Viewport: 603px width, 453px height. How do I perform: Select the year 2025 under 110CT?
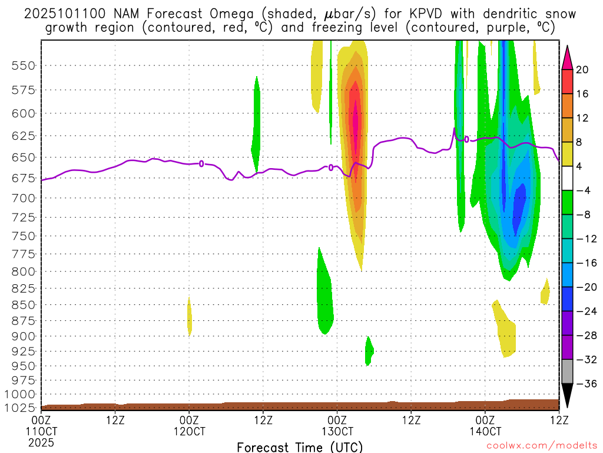[x=41, y=442]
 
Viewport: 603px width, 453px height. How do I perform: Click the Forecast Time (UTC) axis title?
[x=300, y=447]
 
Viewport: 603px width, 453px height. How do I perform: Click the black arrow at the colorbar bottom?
[x=567, y=395]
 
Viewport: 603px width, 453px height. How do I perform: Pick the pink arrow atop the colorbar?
[x=567, y=57]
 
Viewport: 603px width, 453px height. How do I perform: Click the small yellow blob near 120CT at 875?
[x=190, y=319]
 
